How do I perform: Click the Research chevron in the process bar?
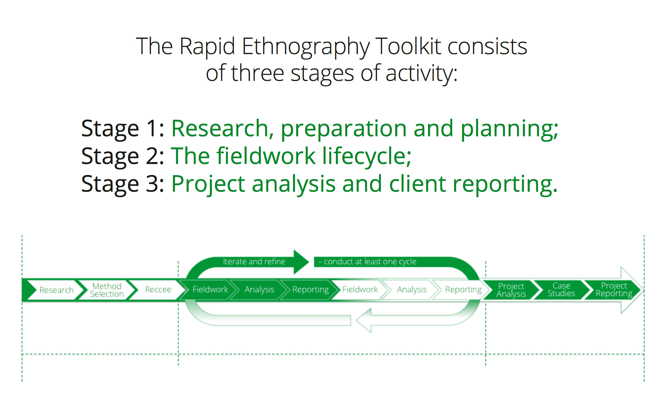click(x=54, y=290)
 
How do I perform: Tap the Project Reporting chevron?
click(x=613, y=290)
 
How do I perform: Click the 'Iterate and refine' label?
click(x=254, y=261)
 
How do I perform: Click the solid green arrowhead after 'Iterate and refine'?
click(x=301, y=262)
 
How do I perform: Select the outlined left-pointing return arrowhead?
click(x=364, y=320)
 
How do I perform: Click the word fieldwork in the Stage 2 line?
click(x=266, y=156)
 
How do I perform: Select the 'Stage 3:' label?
click(x=123, y=184)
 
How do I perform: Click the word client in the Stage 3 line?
click(x=417, y=184)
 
